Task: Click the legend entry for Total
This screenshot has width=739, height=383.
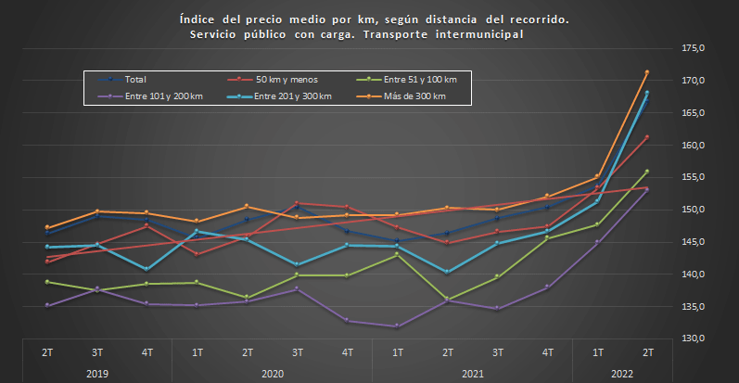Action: (x=135, y=80)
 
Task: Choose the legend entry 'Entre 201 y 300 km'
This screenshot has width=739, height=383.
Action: (x=292, y=96)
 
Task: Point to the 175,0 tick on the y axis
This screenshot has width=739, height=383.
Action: (x=694, y=48)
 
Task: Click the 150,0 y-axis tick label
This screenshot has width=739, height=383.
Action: (x=694, y=210)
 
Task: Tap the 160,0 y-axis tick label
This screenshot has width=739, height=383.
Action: (x=694, y=145)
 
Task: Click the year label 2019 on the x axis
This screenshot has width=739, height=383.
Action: (x=96, y=373)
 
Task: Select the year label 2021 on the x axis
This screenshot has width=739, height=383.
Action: (x=471, y=373)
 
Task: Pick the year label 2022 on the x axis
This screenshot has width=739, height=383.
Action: (x=622, y=373)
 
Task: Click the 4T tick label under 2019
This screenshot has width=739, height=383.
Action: (x=147, y=352)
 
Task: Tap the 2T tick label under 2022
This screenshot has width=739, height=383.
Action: (x=647, y=352)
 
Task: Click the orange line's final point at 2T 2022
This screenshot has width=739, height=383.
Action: (x=647, y=72)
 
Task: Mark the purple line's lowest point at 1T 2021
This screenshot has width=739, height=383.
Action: (x=397, y=326)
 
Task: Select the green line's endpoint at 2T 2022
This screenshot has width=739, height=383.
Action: (x=647, y=172)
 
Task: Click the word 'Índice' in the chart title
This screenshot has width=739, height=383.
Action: (x=194, y=19)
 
